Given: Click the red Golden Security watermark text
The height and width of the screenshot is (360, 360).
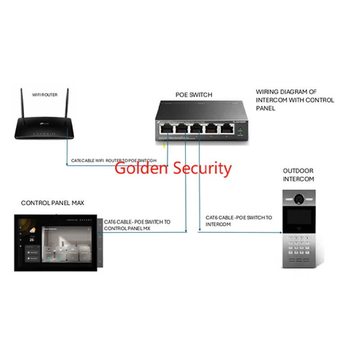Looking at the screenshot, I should pos(173,168).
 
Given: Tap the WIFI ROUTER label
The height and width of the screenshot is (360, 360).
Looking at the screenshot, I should pos(44,95).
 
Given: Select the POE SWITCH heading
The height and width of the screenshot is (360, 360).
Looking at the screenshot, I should pos(193,95).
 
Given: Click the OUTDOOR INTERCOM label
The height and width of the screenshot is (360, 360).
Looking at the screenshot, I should pos(298,175).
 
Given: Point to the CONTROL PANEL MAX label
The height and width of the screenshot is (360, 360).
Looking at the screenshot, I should pos(53,203).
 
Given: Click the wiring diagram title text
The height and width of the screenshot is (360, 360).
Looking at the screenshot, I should pos(295,100).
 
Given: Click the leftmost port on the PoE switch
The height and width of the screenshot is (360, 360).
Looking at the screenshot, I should pos(165,129).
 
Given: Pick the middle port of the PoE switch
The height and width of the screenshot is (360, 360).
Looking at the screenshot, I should pos(195,129).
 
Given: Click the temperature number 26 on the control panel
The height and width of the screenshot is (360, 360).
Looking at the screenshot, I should pos(32,240).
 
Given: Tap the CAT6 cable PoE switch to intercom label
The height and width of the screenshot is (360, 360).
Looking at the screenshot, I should pos(239,220).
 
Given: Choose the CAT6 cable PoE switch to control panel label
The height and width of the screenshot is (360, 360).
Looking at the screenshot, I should pos(137,225).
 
